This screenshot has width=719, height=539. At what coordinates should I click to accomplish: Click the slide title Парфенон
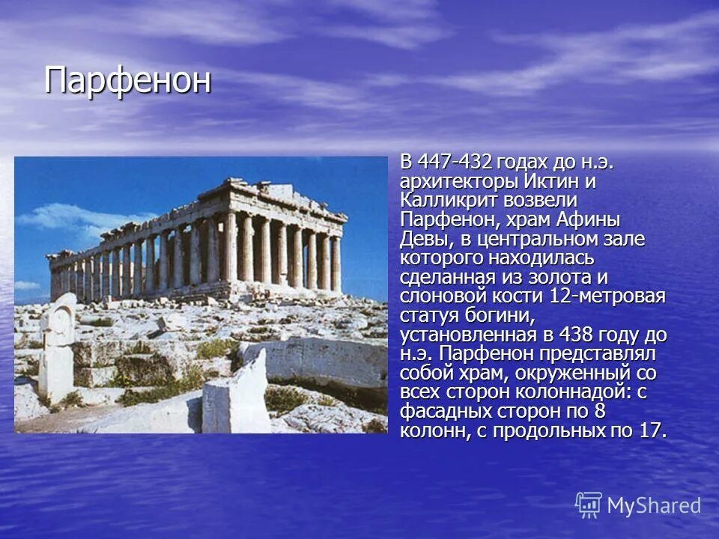127,81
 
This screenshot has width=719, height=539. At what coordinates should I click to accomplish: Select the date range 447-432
455,162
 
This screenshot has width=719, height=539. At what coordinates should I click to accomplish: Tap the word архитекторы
458,182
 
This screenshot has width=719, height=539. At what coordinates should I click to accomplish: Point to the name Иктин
549,182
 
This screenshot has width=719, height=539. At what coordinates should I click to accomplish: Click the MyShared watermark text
654,505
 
